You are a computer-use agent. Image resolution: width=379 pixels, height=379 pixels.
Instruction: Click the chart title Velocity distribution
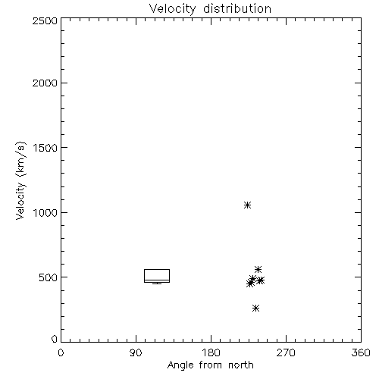pyautogui.click(x=210, y=9)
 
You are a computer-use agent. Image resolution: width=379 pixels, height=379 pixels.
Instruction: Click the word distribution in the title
pyautogui.click(x=237, y=8)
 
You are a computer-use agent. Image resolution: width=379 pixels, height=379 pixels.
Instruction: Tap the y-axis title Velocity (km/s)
pyautogui.click(x=20, y=180)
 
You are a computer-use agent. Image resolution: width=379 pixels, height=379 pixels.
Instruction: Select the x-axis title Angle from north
pyautogui.click(x=211, y=365)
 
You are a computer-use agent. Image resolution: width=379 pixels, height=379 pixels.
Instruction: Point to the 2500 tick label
pyautogui.click(x=45, y=20)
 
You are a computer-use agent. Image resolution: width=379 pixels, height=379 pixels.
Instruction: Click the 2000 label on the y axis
pyautogui.click(x=45, y=83)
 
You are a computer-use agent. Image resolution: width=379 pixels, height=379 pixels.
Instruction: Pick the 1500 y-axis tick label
pyautogui.click(x=45, y=148)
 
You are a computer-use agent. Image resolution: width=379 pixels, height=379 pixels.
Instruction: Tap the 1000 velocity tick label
pyautogui.click(x=45, y=213)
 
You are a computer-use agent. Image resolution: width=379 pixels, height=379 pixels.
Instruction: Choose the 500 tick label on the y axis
pyautogui.click(x=49, y=277)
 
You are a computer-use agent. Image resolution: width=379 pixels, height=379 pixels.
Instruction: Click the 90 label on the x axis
pyautogui.click(x=136, y=352)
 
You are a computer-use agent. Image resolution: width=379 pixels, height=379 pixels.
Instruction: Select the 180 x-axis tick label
pyautogui.click(x=211, y=352)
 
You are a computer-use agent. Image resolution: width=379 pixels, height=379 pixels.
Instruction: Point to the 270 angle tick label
pyautogui.click(x=286, y=352)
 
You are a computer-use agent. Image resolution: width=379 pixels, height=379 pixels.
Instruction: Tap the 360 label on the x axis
pyautogui.click(x=361, y=352)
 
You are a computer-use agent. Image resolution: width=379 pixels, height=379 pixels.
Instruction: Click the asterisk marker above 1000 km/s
pyautogui.click(x=248, y=205)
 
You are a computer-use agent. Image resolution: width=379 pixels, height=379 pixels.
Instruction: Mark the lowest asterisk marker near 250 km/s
pyautogui.click(x=256, y=308)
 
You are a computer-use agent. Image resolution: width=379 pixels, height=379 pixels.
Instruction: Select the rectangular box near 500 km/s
pyautogui.click(x=157, y=269)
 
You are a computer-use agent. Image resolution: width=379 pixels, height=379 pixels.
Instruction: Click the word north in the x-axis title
pyautogui.click(x=241, y=365)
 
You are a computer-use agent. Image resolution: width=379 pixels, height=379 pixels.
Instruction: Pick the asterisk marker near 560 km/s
pyautogui.click(x=258, y=269)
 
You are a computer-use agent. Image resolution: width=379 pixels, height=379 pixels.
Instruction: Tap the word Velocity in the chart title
pyautogui.click(x=173, y=9)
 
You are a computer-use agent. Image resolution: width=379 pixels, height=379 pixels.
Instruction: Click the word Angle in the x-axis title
pyautogui.click(x=180, y=365)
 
